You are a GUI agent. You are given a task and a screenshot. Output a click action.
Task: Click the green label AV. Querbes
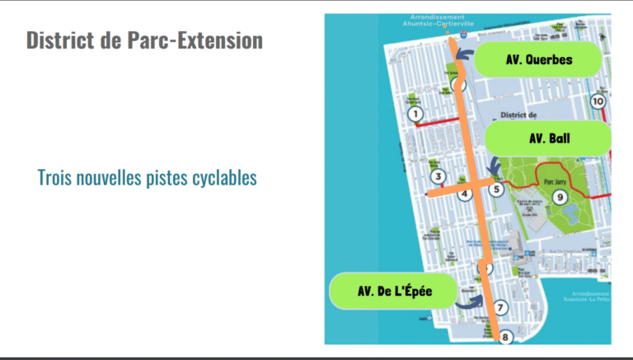(x=539, y=59)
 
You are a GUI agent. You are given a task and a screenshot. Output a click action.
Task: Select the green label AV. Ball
(x=549, y=138)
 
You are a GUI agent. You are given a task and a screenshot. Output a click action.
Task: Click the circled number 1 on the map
(x=415, y=114)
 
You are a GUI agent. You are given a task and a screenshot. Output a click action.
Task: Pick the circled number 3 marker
(x=438, y=176)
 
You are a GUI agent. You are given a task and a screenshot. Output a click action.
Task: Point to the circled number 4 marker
(x=465, y=194)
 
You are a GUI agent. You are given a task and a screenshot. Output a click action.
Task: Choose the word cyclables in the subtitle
(x=217, y=177)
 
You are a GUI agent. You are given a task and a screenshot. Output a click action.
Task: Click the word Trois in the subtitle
(x=57, y=177)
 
